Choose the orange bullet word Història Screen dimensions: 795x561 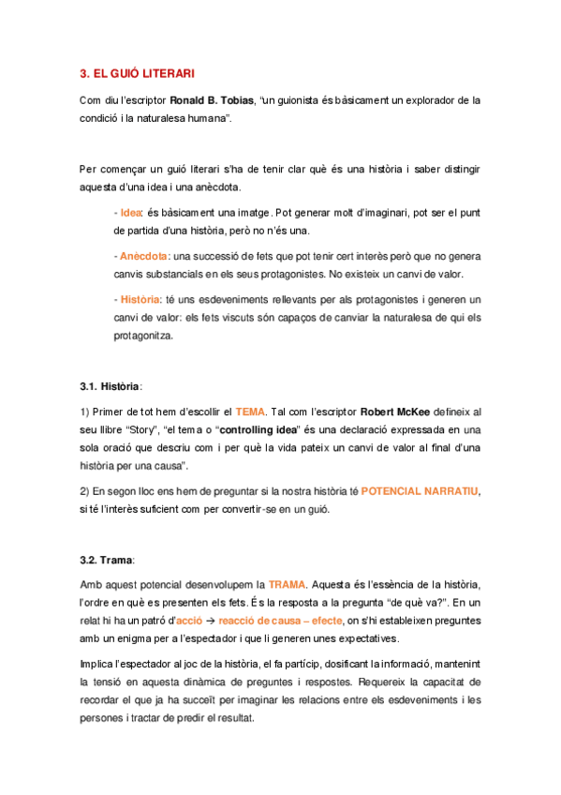pos(140,299)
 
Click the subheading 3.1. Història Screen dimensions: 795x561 pos(111,384)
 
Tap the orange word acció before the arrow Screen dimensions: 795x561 pos(188,621)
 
